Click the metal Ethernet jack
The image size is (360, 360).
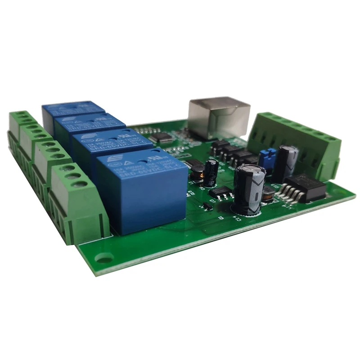coord(219,116)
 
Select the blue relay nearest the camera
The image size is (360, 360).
coord(142,192)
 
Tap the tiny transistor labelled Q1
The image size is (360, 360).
coord(207,207)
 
